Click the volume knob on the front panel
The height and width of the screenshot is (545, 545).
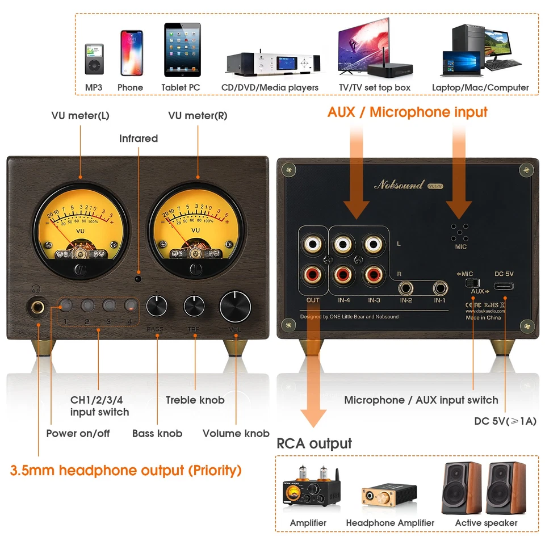click(235, 307)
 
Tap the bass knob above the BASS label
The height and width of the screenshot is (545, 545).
click(156, 307)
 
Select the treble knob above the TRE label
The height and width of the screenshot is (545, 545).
click(194, 307)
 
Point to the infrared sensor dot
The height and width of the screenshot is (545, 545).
click(138, 278)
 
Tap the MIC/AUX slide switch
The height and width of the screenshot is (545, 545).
click(468, 282)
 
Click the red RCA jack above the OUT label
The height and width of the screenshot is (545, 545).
click(313, 276)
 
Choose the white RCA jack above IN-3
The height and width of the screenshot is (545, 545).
click(372, 244)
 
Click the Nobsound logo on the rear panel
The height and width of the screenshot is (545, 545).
click(399, 185)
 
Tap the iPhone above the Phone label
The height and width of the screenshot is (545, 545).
click(131, 53)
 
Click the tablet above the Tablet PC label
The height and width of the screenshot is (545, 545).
click(182, 50)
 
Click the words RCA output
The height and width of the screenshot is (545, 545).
click(314, 443)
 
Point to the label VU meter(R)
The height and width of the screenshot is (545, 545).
click(198, 116)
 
